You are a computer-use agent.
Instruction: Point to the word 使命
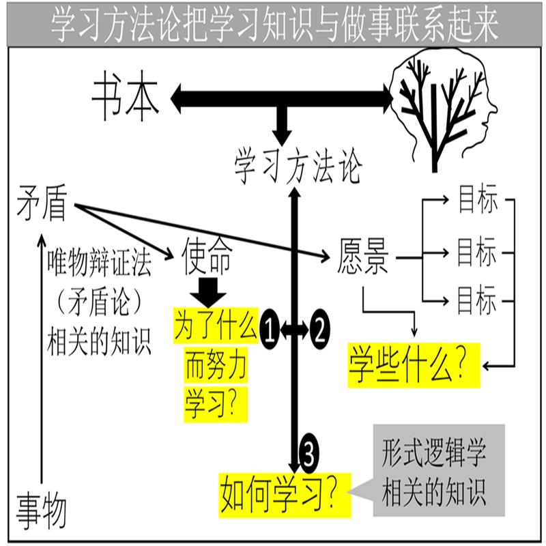coord(207,257)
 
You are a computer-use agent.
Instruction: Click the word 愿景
coord(362,258)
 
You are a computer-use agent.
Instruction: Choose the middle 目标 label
coord(477,253)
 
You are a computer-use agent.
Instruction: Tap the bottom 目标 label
coord(477,300)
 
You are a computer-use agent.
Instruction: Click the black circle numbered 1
coord(269,330)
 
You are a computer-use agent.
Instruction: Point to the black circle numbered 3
coord(307,451)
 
